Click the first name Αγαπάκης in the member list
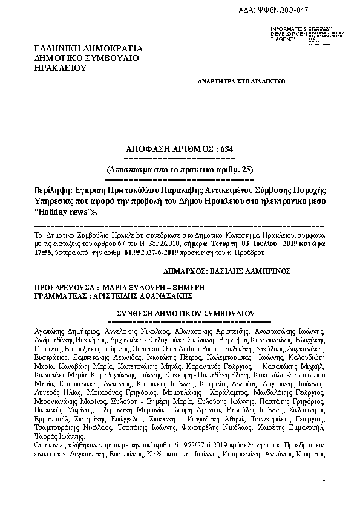pyautogui.click(x=49, y=332)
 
